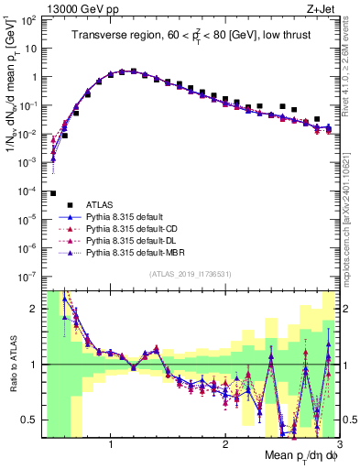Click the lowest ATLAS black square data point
point(53,193)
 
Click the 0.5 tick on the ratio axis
point(31,420)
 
